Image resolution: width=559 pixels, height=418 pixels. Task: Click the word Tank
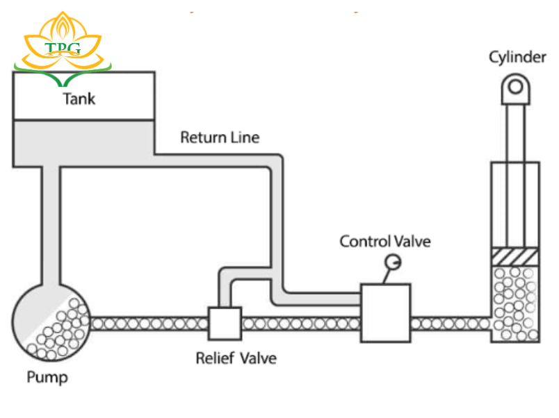(x=79, y=99)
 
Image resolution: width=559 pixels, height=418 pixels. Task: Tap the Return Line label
(x=220, y=137)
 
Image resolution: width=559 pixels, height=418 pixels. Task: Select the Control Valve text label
(x=384, y=242)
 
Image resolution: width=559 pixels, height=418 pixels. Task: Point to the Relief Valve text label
(x=236, y=359)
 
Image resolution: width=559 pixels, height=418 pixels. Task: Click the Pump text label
(x=47, y=378)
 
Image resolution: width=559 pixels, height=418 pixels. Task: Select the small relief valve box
(x=225, y=323)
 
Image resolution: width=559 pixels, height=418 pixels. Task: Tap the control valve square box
(x=385, y=312)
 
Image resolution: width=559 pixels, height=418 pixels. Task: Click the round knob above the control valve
(x=394, y=262)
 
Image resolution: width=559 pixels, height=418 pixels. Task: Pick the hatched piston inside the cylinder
(x=515, y=256)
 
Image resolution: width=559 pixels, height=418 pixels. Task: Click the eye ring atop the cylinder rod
(x=515, y=86)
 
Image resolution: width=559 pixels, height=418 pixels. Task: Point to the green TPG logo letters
(x=63, y=48)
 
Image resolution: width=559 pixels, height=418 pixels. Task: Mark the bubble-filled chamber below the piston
(x=515, y=303)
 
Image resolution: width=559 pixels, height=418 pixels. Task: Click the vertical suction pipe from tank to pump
(x=50, y=222)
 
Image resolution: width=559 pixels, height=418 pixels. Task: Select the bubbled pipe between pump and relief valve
(x=149, y=324)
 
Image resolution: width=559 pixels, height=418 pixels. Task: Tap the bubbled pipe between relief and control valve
(x=301, y=324)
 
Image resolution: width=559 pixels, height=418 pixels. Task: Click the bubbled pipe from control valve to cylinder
(x=451, y=324)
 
